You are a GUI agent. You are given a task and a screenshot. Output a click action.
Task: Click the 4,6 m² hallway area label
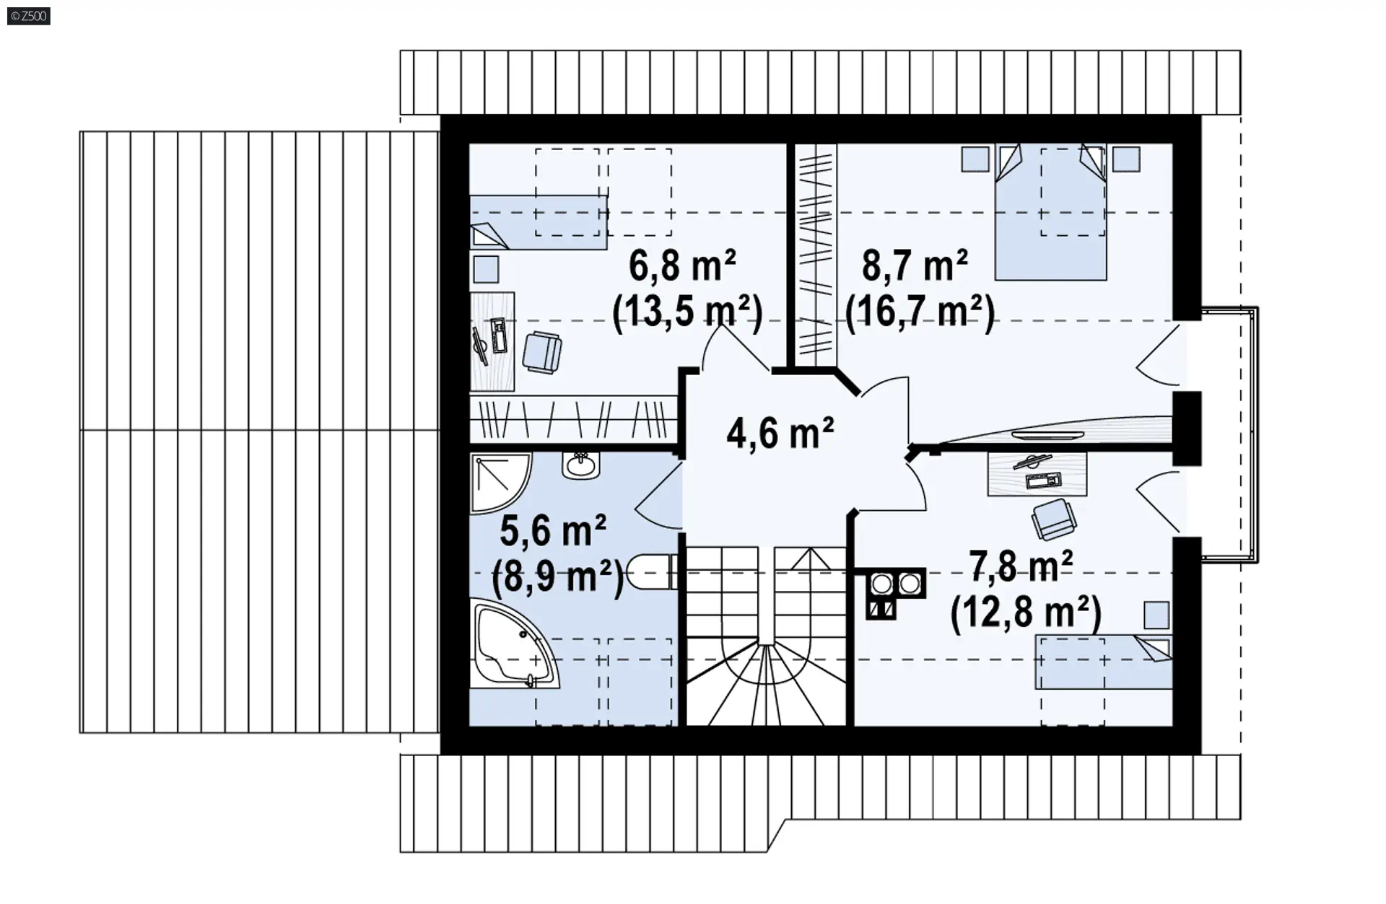[780, 433]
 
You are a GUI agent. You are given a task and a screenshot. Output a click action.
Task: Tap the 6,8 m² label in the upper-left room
[682, 266]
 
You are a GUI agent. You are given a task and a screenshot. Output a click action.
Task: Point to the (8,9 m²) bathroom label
[557, 577]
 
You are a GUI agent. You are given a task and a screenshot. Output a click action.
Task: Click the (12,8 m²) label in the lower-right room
[1026, 613]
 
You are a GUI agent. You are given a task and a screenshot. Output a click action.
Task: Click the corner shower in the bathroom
[500, 483]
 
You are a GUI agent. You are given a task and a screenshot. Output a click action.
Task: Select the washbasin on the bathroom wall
[581, 465]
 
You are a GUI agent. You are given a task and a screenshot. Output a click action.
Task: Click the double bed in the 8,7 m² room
[1050, 212]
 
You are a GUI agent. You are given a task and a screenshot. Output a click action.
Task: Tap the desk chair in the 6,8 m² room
[541, 352]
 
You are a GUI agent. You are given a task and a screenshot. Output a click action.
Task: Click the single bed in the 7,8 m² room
[1104, 662]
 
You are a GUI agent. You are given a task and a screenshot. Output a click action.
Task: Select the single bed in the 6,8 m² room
[539, 222]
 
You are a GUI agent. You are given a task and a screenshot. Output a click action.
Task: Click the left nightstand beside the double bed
[975, 159]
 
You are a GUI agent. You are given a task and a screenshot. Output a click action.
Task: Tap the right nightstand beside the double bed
[1126, 159]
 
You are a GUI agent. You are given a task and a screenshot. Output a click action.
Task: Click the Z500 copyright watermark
[29, 15]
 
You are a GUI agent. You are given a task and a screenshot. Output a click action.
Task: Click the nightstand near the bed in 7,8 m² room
[1156, 615]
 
